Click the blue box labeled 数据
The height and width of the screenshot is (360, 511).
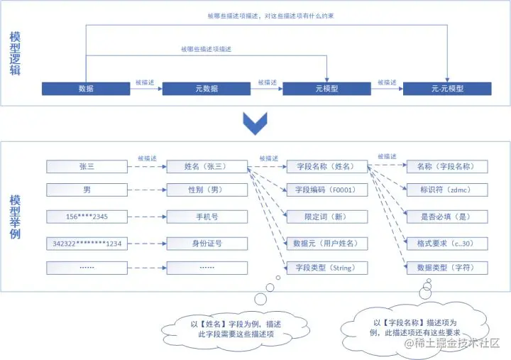[87, 89]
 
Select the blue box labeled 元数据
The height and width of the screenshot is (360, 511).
[207, 89]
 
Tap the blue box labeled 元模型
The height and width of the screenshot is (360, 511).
[327, 89]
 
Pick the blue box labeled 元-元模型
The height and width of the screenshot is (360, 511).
[447, 89]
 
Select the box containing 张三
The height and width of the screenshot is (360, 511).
[87, 166]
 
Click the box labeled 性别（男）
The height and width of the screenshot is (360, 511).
[207, 190]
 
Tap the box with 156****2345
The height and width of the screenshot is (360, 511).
[87, 216]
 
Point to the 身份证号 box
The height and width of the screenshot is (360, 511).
[207, 243]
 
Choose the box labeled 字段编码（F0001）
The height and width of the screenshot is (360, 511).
[327, 190]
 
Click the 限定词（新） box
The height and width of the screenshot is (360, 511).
[327, 216]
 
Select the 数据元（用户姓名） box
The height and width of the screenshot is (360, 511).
[327, 243]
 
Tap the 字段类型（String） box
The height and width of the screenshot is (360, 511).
[327, 268]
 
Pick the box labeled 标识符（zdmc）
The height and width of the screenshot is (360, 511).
[447, 190]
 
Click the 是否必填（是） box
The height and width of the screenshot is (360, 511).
[447, 216]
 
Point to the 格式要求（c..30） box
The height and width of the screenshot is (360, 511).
[447, 243]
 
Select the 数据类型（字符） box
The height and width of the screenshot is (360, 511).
[447, 268]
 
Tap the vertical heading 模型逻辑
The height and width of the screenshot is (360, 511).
[16, 54]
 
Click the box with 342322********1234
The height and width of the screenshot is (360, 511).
[87, 243]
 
